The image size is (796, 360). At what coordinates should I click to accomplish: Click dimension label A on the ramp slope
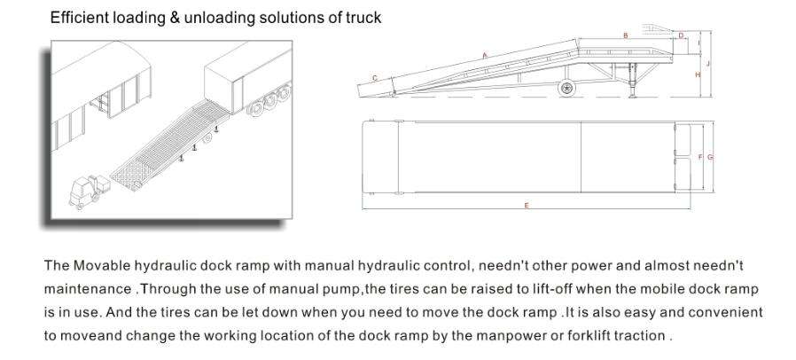(x=485, y=56)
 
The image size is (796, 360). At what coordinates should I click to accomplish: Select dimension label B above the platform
(x=626, y=35)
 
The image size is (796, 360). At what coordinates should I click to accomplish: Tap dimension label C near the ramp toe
(x=374, y=78)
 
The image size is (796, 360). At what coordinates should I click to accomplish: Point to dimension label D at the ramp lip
(x=681, y=35)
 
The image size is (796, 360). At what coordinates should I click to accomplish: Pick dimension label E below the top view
(x=527, y=205)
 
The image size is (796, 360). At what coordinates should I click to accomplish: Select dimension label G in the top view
(x=710, y=157)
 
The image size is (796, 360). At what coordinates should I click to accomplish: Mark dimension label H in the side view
(x=698, y=75)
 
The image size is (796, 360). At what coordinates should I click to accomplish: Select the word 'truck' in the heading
(x=363, y=18)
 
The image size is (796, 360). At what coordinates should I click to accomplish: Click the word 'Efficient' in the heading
(x=77, y=18)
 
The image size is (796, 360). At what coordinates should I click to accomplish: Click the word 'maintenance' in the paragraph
(x=87, y=288)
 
